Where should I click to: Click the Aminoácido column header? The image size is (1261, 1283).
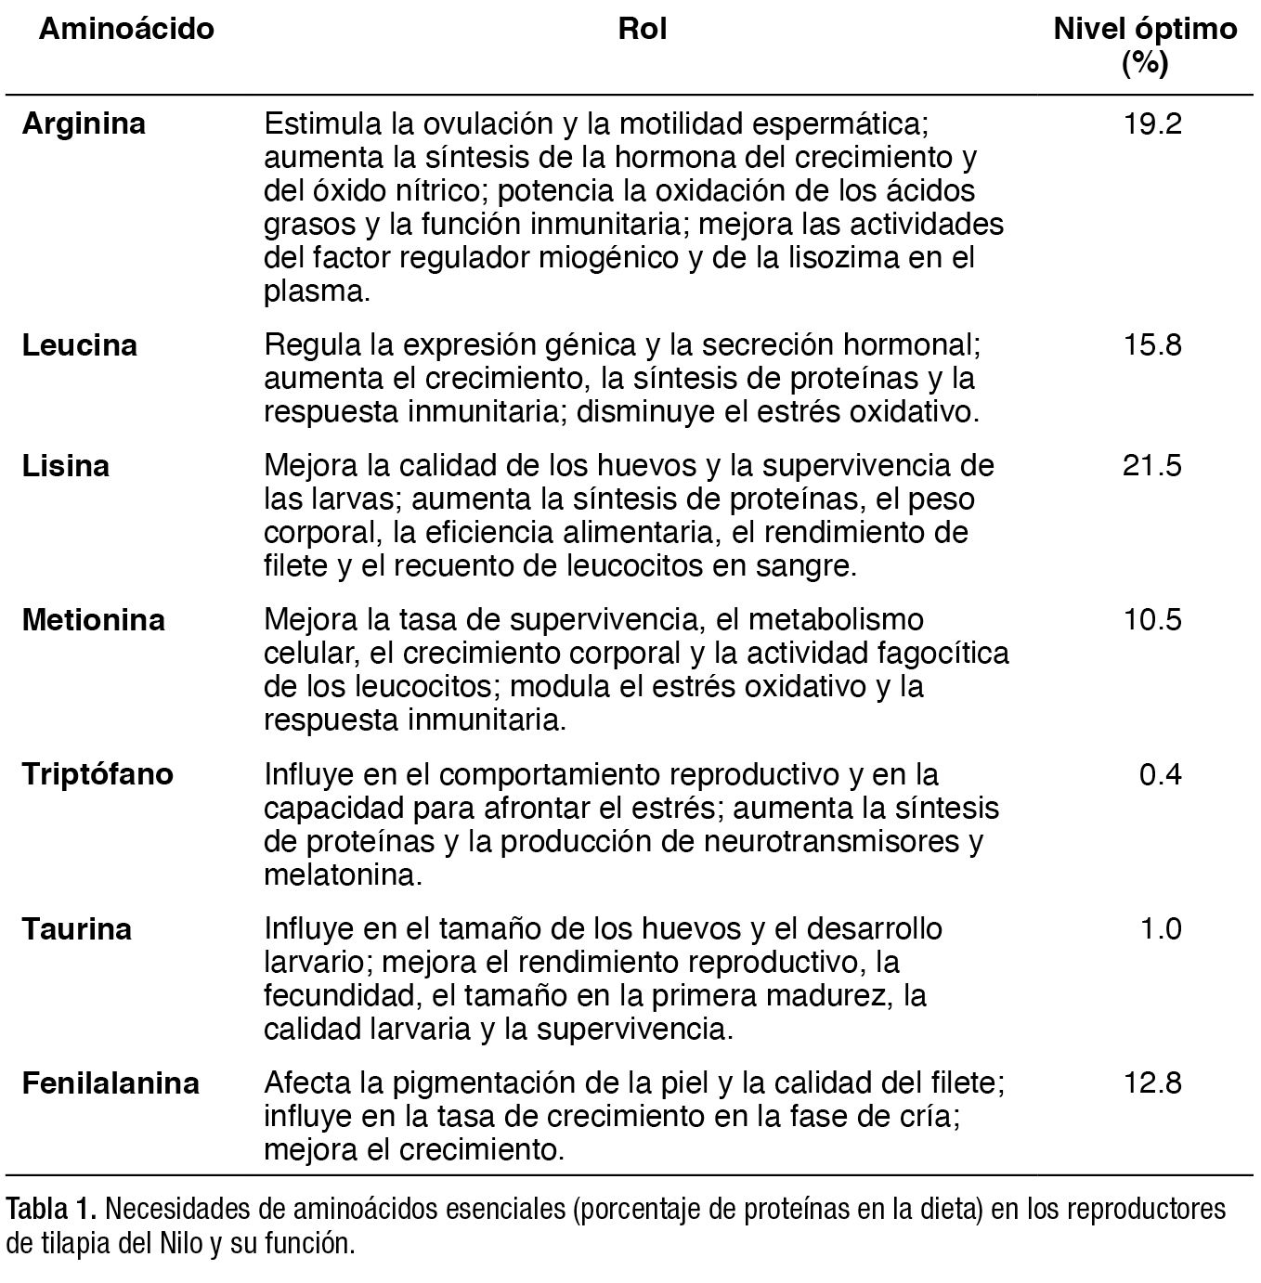click(x=126, y=29)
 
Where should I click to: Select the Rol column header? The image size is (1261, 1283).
click(x=642, y=29)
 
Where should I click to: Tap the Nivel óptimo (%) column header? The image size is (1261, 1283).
click(x=1145, y=45)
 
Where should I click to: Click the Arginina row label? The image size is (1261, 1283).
click(x=84, y=123)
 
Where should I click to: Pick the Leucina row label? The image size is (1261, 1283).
click(x=80, y=345)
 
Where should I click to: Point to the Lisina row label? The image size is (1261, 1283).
click(x=66, y=465)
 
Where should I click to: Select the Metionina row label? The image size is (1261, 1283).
click(x=94, y=619)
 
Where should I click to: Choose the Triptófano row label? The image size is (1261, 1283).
click(x=97, y=774)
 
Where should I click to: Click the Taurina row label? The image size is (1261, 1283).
click(x=77, y=928)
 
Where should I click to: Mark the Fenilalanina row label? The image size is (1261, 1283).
click(x=110, y=1083)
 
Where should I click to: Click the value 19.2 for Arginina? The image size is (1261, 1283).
click(x=1152, y=123)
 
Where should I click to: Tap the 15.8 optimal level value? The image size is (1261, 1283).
click(x=1152, y=345)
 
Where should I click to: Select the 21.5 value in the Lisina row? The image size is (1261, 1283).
click(x=1152, y=465)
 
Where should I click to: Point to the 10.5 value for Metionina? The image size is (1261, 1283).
click(x=1152, y=619)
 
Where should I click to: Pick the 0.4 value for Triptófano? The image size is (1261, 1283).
click(x=1161, y=774)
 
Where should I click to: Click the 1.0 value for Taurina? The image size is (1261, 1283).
click(x=1161, y=928)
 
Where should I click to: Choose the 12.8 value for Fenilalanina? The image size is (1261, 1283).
click(x=1152, y=1083)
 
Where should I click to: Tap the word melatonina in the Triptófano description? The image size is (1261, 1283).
click(x=340, y=875)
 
